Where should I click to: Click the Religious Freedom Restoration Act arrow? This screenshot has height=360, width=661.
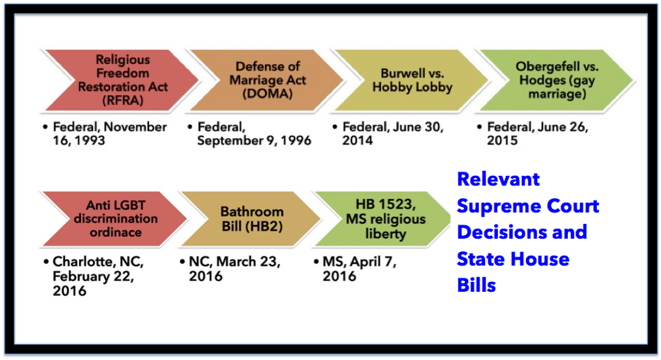pyautogui.click(x=122, y=80)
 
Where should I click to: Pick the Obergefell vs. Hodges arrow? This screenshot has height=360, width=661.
pyautogui.click(x=557, y=80)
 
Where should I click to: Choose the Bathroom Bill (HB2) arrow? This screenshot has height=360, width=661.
pyautogui.click(x=251, y=219)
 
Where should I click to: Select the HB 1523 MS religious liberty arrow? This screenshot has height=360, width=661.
pyautogui.click(x=384, y=219)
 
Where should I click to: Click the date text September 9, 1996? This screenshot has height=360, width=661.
pyautogui.click(x=254, y=140)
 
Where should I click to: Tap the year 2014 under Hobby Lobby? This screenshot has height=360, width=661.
pyautogui.click(x=357, y=140)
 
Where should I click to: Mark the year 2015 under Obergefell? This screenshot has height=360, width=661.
pyautogui.click(x=502, y=140)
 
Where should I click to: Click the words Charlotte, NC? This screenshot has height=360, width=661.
pyautogui.click(x=98, y=262)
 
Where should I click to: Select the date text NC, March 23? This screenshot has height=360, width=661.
pyautogui.click(x=235, y=262)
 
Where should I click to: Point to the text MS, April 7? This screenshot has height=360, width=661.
pyautogui.click(x=360, y=262)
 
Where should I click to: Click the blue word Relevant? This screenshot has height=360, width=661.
pyautogui.click(x=498, y=179)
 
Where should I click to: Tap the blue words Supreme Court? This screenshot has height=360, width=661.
pyautogui.click(x=527, y=206)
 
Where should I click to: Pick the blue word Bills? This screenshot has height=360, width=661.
pyautogui.click(x=476, y=285)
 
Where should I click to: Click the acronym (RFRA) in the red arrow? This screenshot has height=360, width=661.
pyautogui.click(x=123, y=100)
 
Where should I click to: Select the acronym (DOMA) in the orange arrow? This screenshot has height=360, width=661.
pyautogui.click(x=267, y=93)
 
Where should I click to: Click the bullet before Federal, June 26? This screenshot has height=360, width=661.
pyautogui.click(x=480, y=127)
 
